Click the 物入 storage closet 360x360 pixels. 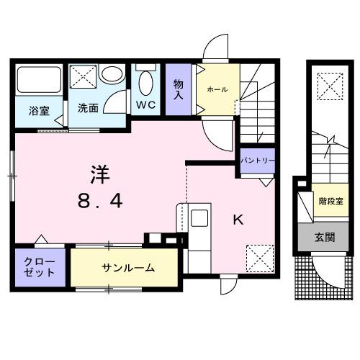pyautogui.click(x=179, y=90)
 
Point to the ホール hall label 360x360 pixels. pyautogui.click(x=217, y=89)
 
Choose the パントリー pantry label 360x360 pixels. pyautogui.click(x=257, y=160)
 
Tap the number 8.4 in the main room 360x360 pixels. pyautogui.click(x=100, y=202)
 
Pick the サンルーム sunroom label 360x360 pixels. pyautogui.click(x=127, y=268)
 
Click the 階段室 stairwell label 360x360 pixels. pyautogui.click(x=330, y=202)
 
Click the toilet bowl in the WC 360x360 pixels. pyautogui.click(x=146, y=84)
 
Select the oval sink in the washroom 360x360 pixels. pyautogui.click(x=112, y=75)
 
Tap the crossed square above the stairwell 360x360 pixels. pyautogui.click(x=330, y=88)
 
